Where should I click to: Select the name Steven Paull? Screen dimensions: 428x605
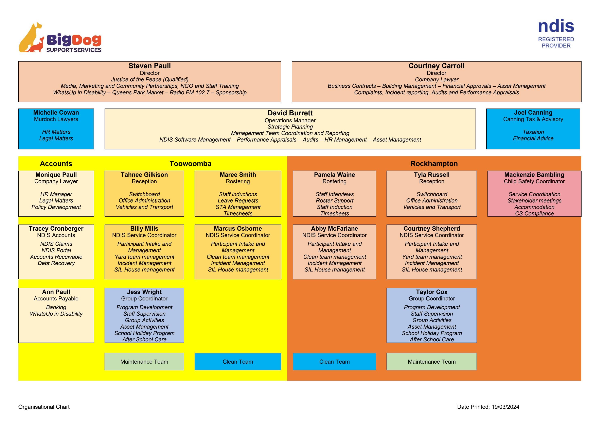pos(149,66)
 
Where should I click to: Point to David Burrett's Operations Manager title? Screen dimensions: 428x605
pos(290,120)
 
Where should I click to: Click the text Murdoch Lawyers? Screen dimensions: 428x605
pos(56,119)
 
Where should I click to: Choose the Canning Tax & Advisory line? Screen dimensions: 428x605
pos(533,119)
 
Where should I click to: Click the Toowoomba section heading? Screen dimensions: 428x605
pos(190,164)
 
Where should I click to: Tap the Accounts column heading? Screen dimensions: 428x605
pos(56,164)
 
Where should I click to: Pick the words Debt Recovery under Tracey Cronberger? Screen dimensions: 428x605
pos(56,263)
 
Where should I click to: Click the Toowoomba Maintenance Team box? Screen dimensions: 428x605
pos(144,362)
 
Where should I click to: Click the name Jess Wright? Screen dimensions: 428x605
pos(144,292)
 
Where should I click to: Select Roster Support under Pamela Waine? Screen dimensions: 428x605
pos(334,201)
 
